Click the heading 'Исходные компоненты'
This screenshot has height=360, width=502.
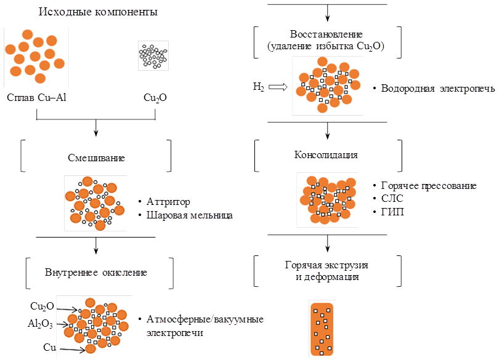click(x=98, y=12)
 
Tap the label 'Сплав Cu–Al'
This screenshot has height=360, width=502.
click(x=36, y=97)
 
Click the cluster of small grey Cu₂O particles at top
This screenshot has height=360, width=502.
click(x=153, y=56)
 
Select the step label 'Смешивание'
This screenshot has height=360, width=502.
click(x=96, y=158)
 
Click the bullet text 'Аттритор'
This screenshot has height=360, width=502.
click(x=168, y=202)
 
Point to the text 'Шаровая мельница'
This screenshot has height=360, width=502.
click(x=190, y=215)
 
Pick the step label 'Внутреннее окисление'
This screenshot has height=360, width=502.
click(x=95, y=273)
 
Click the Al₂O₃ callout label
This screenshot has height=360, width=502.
click(x=40, y=324)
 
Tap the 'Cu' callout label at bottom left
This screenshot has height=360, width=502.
click(x=49, y=348)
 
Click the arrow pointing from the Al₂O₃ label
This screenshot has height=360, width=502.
click(x=63, y=325)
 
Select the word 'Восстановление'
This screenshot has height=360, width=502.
click(x=326, y=34)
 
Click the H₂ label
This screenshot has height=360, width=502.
click(x=258, y=86)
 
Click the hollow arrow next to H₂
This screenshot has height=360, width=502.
click(x=278, y=87)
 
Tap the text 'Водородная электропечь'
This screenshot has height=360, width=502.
click(x=438, y=89)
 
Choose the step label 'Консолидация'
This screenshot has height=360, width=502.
click(x=326, y=155)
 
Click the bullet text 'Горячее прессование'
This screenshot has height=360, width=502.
click(x=429, y=186)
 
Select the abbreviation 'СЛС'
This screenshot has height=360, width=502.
click(x=392, y=198)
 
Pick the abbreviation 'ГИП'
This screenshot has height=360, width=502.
click(x=392, y=212)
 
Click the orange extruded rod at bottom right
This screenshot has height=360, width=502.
click(x=322, y=329)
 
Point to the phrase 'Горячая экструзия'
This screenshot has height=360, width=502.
click(x=326, y=265)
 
